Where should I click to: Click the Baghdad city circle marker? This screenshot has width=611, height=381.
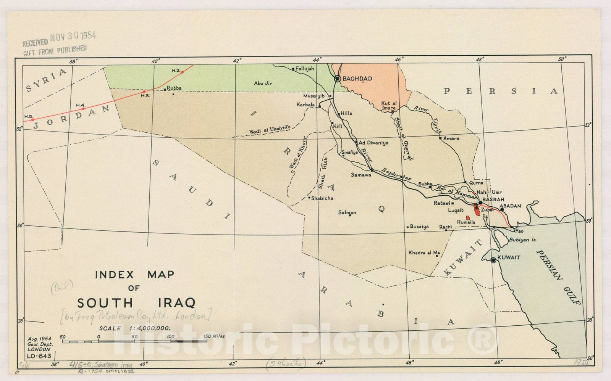pos(338,79)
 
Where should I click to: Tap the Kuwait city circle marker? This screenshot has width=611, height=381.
pos(493,260)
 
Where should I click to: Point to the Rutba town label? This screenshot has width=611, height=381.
pos(174,88)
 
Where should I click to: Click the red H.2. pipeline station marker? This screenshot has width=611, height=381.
pos(182,72)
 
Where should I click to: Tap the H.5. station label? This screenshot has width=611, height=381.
pos(29,116)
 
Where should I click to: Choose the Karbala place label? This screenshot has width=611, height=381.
pos(306,104)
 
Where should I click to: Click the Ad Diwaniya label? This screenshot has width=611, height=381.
pos(373,143)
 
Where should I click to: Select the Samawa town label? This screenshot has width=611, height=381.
pos(361,175)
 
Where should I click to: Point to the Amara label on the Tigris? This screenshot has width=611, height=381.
pos(451,138)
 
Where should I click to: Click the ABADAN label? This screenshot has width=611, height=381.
pos(510,206)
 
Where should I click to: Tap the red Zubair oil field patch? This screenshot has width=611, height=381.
pos(477,209)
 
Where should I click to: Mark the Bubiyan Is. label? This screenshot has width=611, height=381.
pos(523,240)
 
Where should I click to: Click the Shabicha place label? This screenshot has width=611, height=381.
pos(322,198)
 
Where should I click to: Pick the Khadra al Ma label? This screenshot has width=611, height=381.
pos(424,252)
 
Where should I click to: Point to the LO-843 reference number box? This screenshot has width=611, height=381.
pos(39,356)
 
